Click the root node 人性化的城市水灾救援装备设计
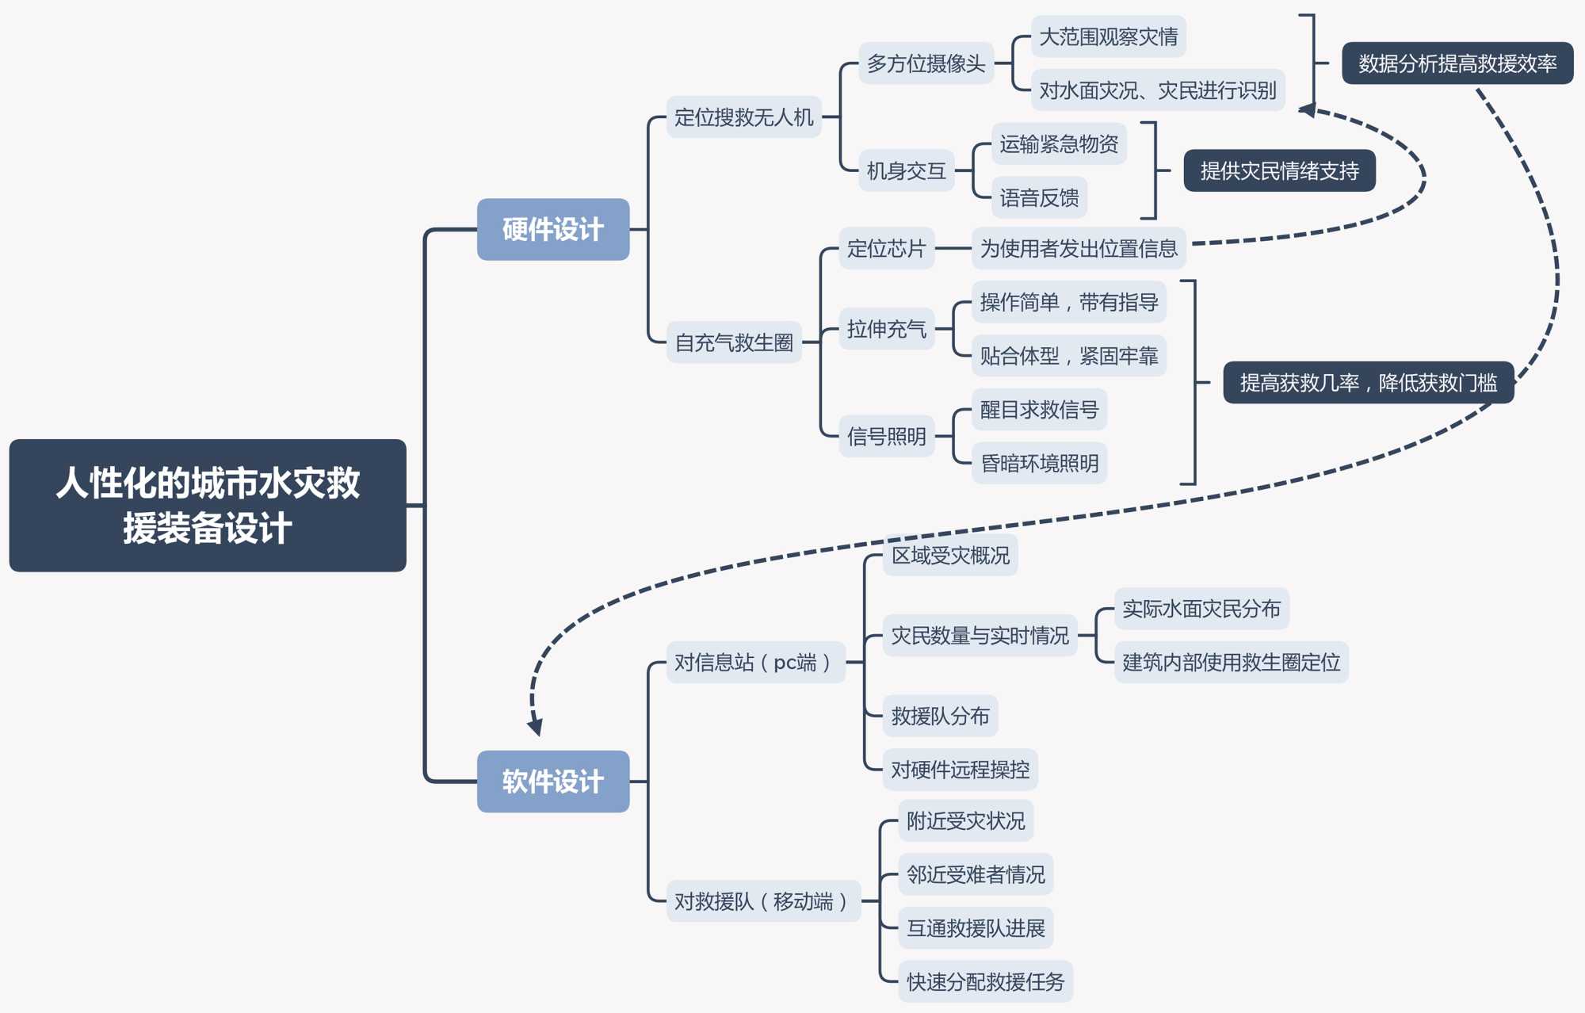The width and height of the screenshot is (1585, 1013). [x=208, y=505]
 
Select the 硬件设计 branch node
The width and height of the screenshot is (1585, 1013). [x=553, y=229]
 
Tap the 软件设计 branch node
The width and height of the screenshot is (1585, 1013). [x=553, y=781]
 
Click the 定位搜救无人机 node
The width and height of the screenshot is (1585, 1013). [x=743, y=117]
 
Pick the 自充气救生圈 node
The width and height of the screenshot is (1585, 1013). [x=734, y=342]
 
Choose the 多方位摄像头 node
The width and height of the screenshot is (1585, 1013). [x=926, y=63]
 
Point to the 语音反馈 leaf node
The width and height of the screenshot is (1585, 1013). [x=1039, y=197]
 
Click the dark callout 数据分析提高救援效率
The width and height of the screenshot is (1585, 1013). [x=1457, y=63]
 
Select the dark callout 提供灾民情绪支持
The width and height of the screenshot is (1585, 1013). [x=1279, y=170]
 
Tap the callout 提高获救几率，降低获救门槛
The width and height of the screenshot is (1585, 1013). [x=1368, y=383]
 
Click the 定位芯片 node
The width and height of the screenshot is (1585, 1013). [x=886, y=249]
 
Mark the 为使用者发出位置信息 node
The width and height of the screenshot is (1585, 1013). [x=1079, y=249]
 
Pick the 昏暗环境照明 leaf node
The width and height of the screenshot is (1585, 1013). [x=1039, y=463]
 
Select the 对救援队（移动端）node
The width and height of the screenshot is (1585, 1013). [x=763, y=901]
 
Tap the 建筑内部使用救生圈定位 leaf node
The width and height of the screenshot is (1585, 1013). [x=1231, y=662]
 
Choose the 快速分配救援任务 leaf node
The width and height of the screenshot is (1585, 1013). [x=985, y=981]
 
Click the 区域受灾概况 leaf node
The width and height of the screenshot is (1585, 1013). [x=950, y=555]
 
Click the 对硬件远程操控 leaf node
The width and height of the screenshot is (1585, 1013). [x=960, y=769]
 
